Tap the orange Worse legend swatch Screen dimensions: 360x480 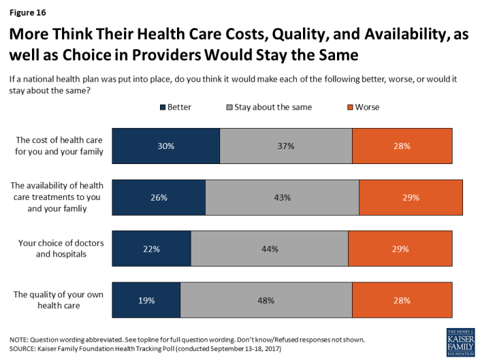point(350,106)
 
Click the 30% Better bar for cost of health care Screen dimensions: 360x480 point(166,146)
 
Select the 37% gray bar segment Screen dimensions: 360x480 point(286,146)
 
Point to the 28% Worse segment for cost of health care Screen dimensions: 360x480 point(402,146)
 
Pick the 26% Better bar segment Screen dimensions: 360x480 point(159,197)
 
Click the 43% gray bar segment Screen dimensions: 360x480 point(282,197)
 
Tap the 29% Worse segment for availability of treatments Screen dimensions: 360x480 point(411,197)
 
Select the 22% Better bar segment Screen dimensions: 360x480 point(152,249)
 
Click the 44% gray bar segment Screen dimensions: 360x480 point(269,249)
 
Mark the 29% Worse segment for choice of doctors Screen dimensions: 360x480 point(400,249)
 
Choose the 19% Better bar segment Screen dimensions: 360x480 point(146,301)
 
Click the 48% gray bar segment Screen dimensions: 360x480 point(266,301)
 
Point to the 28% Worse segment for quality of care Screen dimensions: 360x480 point(402,301)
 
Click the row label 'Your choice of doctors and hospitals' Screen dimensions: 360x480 point(62,249)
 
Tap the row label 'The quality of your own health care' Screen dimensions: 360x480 point(59,301)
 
